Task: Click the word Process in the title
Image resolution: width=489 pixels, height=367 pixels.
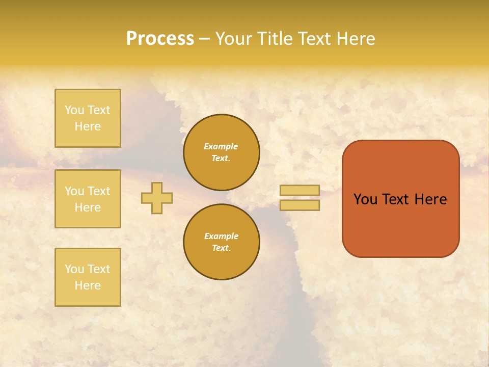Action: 160,39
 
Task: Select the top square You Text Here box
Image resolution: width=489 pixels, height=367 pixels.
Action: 88,118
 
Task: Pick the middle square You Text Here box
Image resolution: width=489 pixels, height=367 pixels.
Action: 88,199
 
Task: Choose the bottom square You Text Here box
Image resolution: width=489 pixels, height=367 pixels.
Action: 88,277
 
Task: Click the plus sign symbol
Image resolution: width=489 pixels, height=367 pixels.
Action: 157,198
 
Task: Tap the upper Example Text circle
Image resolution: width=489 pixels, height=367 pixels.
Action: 222,152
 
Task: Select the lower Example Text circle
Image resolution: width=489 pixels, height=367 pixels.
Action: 222,242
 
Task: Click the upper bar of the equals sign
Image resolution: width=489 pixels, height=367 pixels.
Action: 300,190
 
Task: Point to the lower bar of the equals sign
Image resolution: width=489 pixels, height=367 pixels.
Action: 300,205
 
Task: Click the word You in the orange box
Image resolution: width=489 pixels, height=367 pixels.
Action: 366,199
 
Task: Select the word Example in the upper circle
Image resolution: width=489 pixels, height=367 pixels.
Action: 221,146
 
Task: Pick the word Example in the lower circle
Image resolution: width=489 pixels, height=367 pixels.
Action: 221,236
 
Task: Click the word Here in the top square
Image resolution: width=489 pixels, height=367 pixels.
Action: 88,126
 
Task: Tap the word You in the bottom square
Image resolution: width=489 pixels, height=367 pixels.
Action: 74,269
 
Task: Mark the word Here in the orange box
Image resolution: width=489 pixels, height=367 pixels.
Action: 430,199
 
